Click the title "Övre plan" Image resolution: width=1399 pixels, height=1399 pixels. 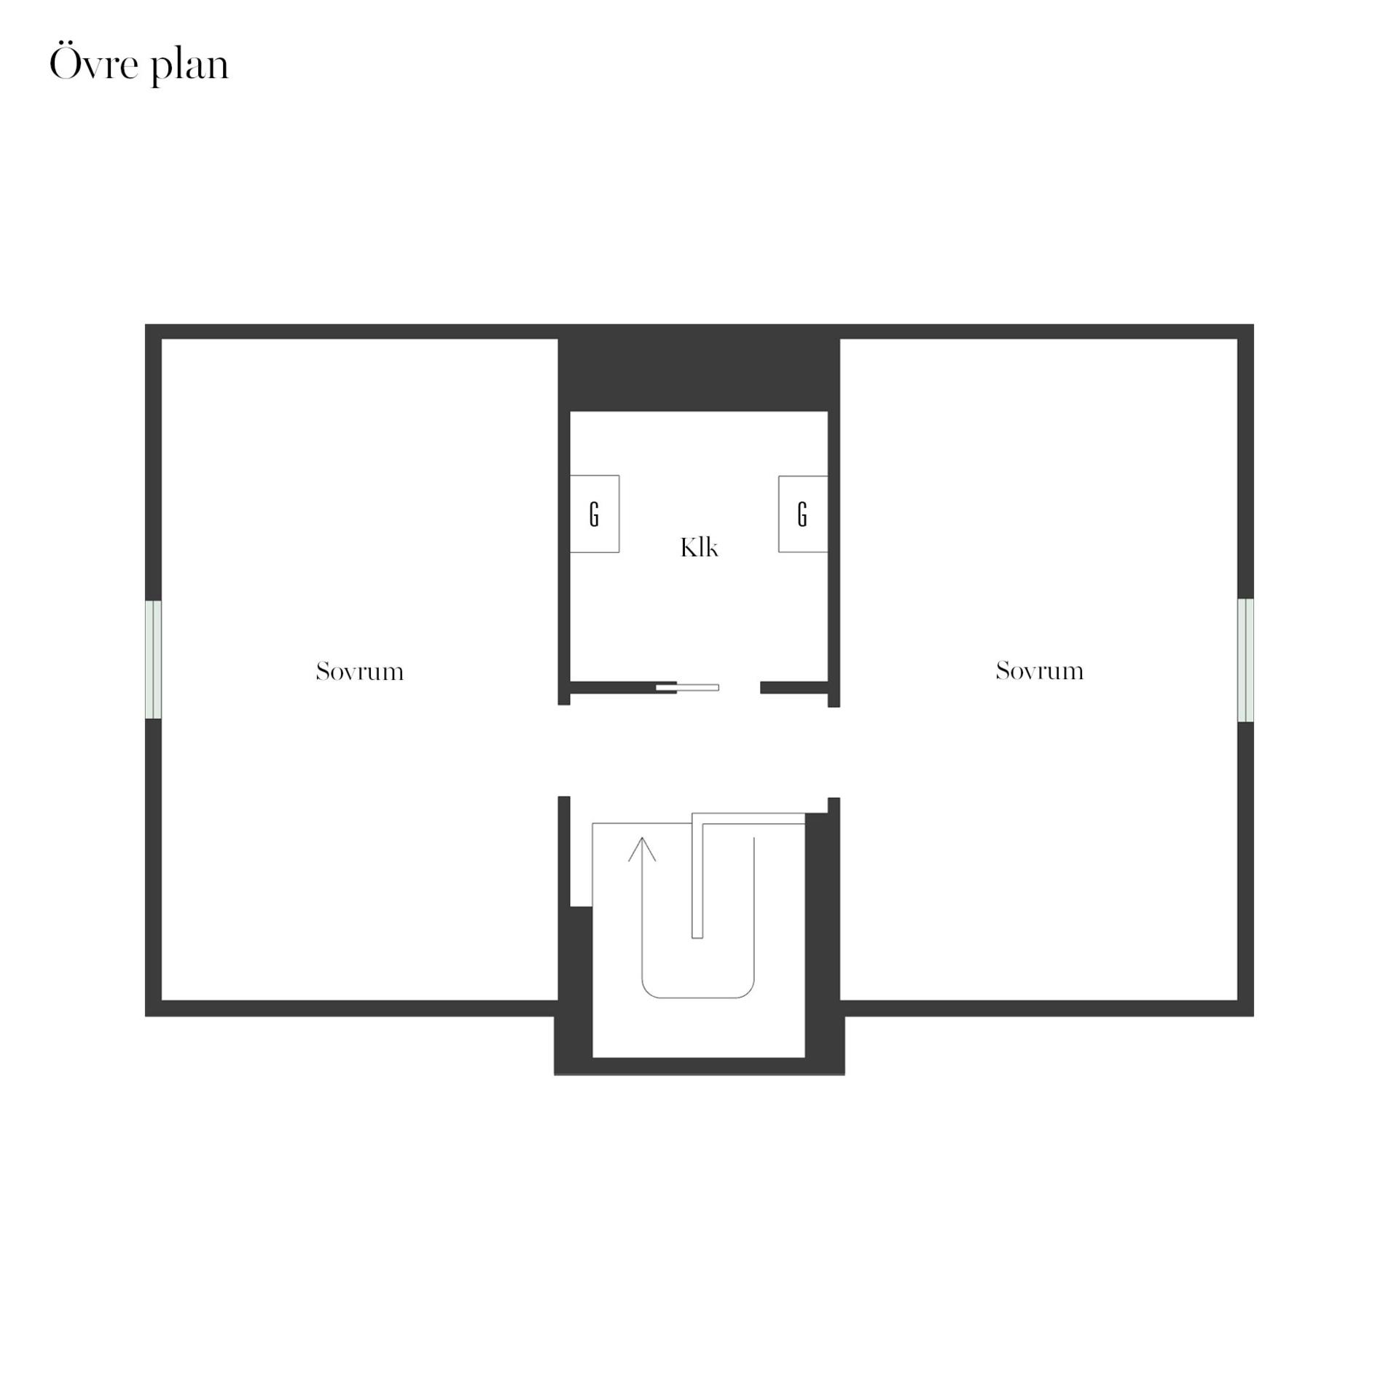pyautogui.click(x=139, y=66)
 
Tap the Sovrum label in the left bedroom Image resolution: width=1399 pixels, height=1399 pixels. pyautogui.click(x=360, y=671)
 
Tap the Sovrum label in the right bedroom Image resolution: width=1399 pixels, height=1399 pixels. pyautogui.click(x=1040, y=670)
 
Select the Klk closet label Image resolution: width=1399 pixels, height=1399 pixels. pyautogui.click(x=699, y=547)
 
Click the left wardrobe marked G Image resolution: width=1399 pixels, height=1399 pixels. pyautogui.click(x=595, y=514)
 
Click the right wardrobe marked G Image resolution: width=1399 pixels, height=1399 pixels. pyautogui.click(x=803, y=514)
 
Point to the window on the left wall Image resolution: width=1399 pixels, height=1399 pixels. pyautogui.click(x=153, y=659)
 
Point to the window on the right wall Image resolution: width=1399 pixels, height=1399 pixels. pyautogui.click(x=1246, y=660)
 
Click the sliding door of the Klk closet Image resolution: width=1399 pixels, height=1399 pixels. pyautogui.click(x=688, y=687)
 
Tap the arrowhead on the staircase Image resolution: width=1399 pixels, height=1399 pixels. pyautogui.click(x=642, y=849)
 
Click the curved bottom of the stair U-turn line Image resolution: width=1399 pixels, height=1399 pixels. pyautogui.click(x=697, y=997)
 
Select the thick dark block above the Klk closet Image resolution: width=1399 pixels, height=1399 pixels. pyautogui.click(x=699, y=375)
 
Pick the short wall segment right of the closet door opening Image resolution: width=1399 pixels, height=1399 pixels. pyautogui.click(x=794, y=687)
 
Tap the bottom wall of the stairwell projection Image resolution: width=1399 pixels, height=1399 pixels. pyautogui.click(x=699, y=1066)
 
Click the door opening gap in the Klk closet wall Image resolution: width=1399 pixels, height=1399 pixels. pyautogui.click(x=740, y=687)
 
